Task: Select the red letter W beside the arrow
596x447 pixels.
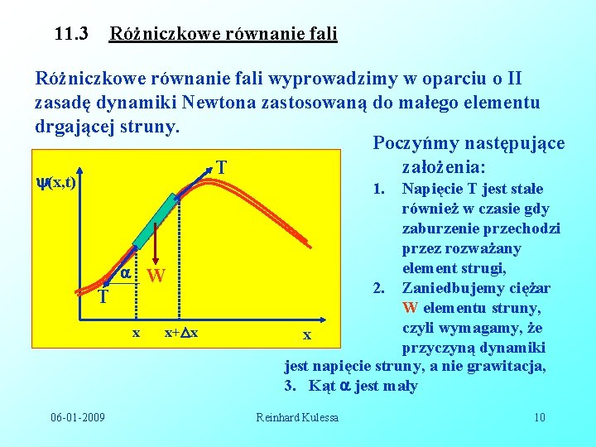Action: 156,276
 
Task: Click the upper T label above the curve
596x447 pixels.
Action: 222,167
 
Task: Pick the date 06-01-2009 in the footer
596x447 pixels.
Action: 77,416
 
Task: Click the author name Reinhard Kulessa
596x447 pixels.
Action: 297,416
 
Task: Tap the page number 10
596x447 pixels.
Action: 539,416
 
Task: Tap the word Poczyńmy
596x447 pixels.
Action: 412,143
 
